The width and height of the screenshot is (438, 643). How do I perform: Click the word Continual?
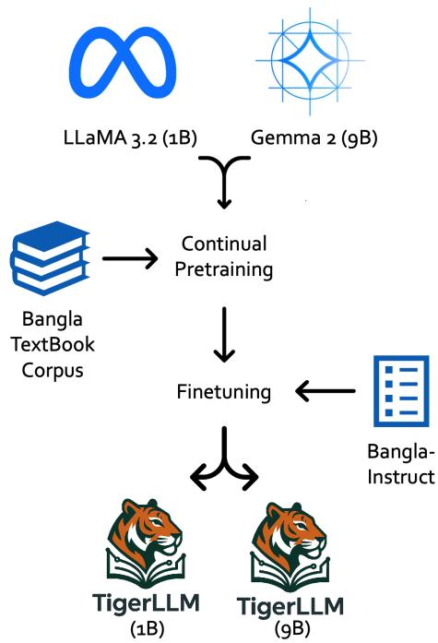coord(223,245)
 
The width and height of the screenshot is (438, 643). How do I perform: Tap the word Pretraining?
coord(223,271)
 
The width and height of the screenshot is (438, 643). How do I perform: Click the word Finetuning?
coord(223,392)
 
